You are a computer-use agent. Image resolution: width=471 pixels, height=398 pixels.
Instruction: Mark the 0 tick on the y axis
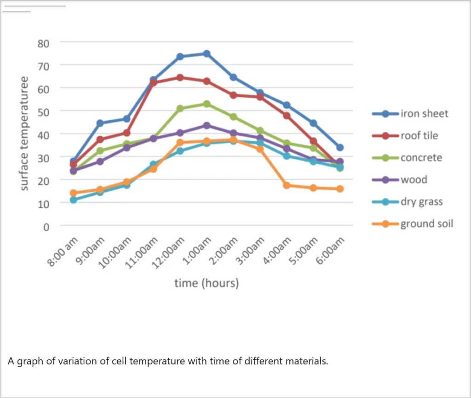[46, 227]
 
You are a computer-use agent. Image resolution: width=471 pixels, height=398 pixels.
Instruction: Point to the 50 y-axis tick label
[44, 112]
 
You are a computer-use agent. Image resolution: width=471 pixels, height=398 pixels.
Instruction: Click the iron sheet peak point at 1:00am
[207, 54]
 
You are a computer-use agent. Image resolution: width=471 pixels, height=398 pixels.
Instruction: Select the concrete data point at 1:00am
[207, 104]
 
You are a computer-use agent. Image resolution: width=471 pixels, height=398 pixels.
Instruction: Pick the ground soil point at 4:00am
[287, 186]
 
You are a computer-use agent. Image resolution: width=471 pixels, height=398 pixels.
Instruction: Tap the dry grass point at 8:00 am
[73, 200]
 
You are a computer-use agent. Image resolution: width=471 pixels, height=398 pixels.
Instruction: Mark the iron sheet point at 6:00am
[340, 148]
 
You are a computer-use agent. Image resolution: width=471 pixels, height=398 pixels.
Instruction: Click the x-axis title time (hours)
[207, 283]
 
